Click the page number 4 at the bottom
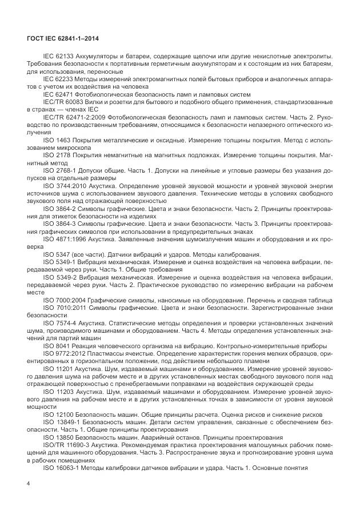pos(28,483)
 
